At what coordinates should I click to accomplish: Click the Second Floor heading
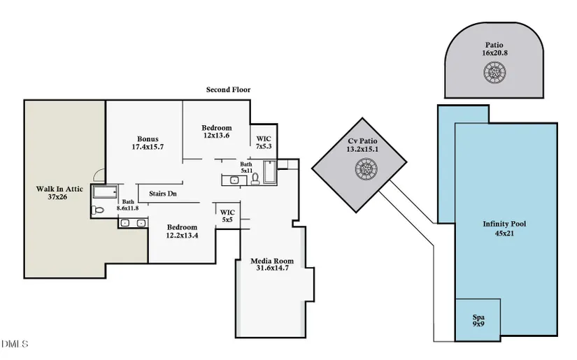(228, 90)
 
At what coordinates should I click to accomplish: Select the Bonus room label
(148, 143)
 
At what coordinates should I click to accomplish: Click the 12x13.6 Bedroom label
(217, 131)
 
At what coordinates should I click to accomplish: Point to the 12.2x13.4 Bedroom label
(182, 231)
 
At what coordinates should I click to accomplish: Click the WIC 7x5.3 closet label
(264, 143)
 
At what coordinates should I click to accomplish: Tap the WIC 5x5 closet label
(228, 216)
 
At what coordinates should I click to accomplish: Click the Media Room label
(272, 265)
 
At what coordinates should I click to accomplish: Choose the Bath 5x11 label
(246, 167)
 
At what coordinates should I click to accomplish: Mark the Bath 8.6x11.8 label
(127, 204)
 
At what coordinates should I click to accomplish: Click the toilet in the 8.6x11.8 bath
(98, 208)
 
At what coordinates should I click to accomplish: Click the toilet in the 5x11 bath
(255, 179)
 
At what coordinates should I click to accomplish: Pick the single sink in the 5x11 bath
(234, 180)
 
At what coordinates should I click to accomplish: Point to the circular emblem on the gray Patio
(494, 71)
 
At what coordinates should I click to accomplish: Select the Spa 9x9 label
(478, 321)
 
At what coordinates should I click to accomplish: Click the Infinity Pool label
(504, 228)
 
